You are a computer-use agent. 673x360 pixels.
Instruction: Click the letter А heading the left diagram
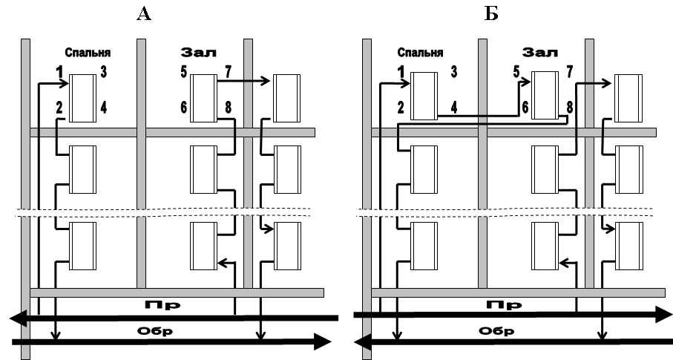point(144,14)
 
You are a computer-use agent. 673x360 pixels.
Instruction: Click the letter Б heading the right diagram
point(491,14)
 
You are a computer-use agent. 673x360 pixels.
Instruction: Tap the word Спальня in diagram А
point(88,53)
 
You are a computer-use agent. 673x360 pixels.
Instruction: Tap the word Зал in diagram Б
point(540,53)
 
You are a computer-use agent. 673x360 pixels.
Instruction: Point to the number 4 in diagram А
point(103,108)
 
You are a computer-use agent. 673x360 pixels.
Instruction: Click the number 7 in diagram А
point(228,72)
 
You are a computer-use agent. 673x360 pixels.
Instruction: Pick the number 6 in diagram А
point(184,108)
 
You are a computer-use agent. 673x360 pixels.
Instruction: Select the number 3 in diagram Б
point(453,72)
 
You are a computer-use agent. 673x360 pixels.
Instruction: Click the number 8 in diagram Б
point(570,108)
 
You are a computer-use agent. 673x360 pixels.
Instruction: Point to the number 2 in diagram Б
point(401,108)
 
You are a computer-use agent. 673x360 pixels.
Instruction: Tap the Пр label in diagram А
point(162,305)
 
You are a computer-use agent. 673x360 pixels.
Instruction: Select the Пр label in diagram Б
point(504,305)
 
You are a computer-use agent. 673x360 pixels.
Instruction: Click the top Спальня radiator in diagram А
point(82,99)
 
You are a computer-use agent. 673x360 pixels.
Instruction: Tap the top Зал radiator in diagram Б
point(545,95)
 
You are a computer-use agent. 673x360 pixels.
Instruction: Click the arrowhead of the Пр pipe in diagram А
point(17,318)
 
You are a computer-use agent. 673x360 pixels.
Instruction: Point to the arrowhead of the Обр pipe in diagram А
point(322,342)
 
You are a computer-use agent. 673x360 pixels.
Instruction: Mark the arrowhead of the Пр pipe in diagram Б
point(664,315)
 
